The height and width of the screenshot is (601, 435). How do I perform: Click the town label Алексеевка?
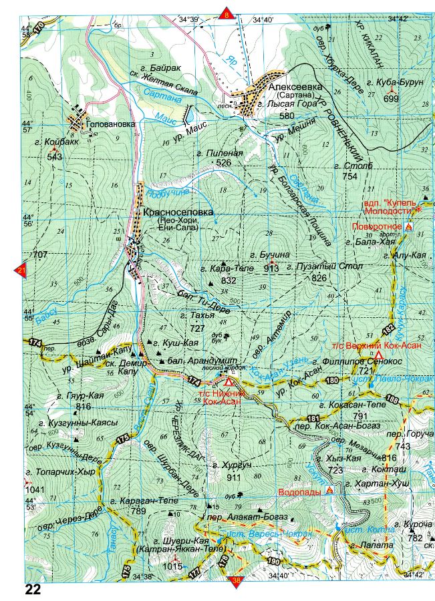click(x=295, y=87)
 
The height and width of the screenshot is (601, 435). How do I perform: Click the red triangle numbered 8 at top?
click(x=227, y=13)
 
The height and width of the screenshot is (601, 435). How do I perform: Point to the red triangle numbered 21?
click(x=20, y=271)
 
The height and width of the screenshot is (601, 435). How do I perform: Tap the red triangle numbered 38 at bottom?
click(x=236, y=581)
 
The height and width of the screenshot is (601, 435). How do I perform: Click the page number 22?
click(x=33, y=590)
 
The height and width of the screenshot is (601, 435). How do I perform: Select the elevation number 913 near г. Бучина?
click(x=271, y=268)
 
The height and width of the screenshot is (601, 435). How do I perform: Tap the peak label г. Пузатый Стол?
click(x=325, y=266)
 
